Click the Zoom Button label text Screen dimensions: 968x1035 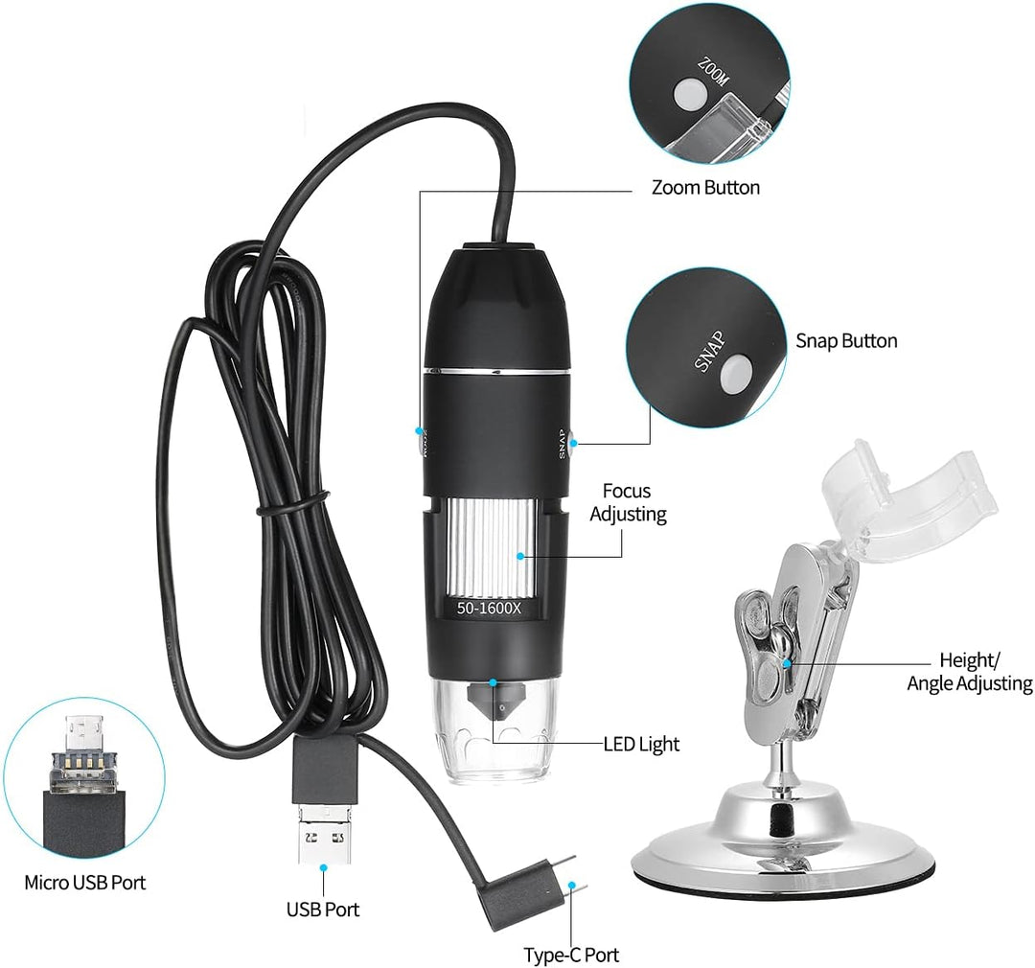[x=705, y=188]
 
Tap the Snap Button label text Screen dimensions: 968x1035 [x=846, y=341]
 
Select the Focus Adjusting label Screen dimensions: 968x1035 [x=628, y=502]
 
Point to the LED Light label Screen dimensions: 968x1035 [x=641, y=744]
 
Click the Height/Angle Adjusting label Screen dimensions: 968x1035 [x=969, y=672]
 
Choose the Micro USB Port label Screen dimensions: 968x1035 [x=85, y=883]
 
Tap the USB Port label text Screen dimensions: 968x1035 [x=323, y=909]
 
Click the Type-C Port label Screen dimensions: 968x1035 [x=571, y=955]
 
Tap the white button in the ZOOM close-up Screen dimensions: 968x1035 [x=686, y=94]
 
